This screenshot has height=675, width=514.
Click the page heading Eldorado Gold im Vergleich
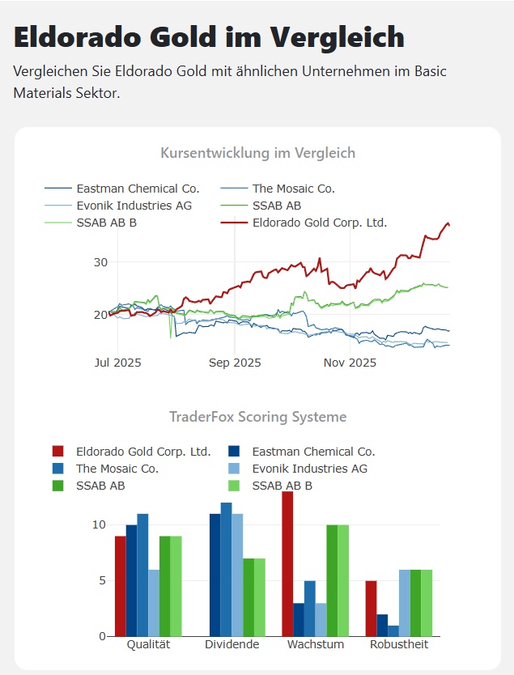[209, 37]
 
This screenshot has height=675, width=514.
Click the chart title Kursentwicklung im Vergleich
[257, 153]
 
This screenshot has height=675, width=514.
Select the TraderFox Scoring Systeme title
[257, 417]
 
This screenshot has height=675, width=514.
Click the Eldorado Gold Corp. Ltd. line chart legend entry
[320, 222]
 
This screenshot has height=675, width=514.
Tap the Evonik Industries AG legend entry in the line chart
[134, 206]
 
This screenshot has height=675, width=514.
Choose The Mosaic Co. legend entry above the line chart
[293, 189]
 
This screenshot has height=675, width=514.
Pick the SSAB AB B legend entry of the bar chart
[282, 486]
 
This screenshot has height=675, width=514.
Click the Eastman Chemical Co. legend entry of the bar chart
[313, 452]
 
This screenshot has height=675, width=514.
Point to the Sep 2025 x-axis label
[235, 363]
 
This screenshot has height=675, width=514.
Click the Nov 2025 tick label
[349, 363]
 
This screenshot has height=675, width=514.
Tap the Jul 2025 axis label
[117, 363]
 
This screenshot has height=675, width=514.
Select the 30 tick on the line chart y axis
[100, 262]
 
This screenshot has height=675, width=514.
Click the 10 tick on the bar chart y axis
[99, 524]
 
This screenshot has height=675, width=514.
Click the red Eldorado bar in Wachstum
[287, 563]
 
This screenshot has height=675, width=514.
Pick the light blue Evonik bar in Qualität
[154, 602]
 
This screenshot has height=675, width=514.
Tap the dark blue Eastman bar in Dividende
[215, 575]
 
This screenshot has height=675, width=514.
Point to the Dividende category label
[232, 645]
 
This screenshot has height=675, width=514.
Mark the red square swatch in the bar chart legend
[57, 452]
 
